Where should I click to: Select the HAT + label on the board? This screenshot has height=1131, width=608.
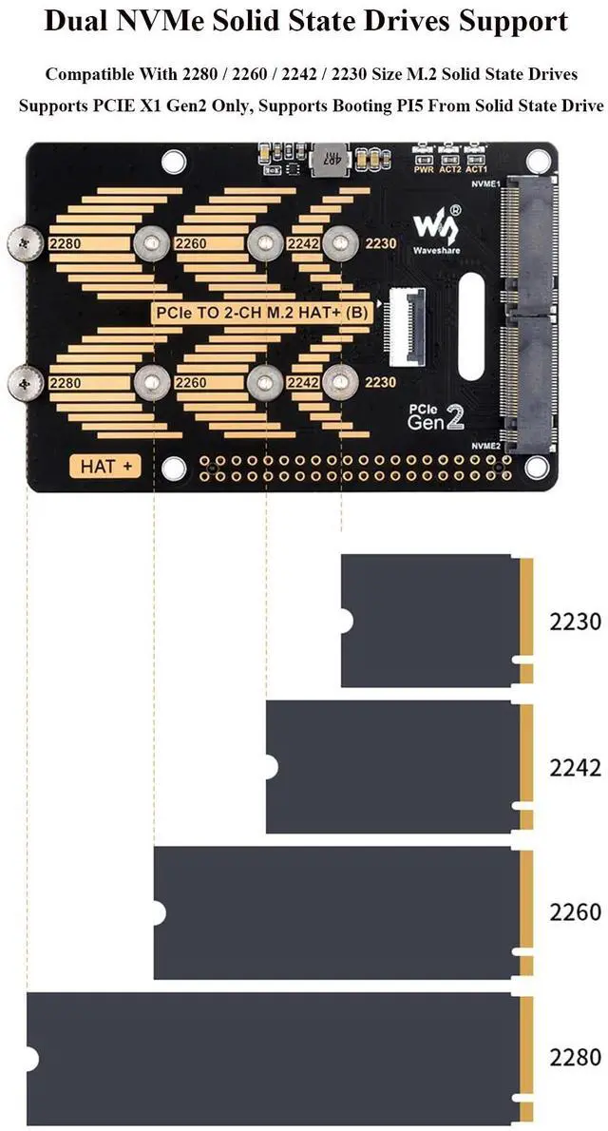pyautogui.click(x=104, y=466)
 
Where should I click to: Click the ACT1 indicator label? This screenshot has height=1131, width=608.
pyautogui.click(x=476, y=168)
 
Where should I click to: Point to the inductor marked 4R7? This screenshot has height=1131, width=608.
pyautogui.click(x=331, y=157)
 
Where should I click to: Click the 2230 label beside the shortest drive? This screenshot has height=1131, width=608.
pyautogui.click(x=575, y=623)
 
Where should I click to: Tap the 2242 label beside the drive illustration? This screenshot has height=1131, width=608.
pyautogui.click(x=575, y=767)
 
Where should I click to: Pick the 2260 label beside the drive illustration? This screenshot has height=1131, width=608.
pyautogui.click(x=575, y=912)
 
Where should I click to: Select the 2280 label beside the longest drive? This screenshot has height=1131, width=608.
pyautogui.click(x=575, y=1057)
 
